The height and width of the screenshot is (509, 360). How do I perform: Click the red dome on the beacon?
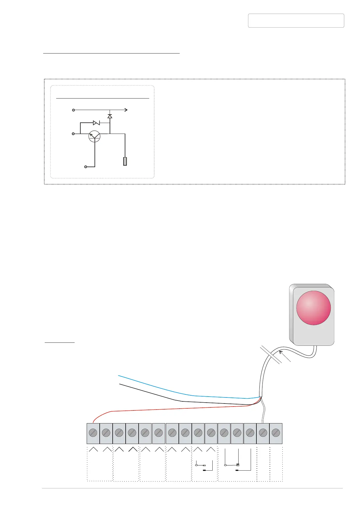313,308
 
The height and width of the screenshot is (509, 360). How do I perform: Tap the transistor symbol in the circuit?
95,136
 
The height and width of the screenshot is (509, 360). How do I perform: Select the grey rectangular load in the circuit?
125,161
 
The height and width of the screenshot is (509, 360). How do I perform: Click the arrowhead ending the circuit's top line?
126,110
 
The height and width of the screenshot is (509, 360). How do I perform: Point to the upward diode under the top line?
110,116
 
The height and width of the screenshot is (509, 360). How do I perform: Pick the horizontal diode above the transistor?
96,123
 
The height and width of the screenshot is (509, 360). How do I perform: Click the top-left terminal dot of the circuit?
73,110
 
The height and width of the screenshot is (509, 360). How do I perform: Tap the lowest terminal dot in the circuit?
86,167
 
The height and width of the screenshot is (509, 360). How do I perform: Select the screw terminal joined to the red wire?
93,433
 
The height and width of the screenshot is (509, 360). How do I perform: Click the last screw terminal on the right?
276,433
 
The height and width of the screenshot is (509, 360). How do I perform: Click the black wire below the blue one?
151,393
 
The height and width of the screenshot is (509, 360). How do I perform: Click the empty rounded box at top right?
296,21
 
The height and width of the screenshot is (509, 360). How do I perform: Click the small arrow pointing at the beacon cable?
282,353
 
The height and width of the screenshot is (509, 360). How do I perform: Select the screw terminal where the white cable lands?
263,433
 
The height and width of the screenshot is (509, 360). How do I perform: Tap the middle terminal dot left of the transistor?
73,134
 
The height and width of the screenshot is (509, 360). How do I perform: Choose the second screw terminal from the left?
106,433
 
